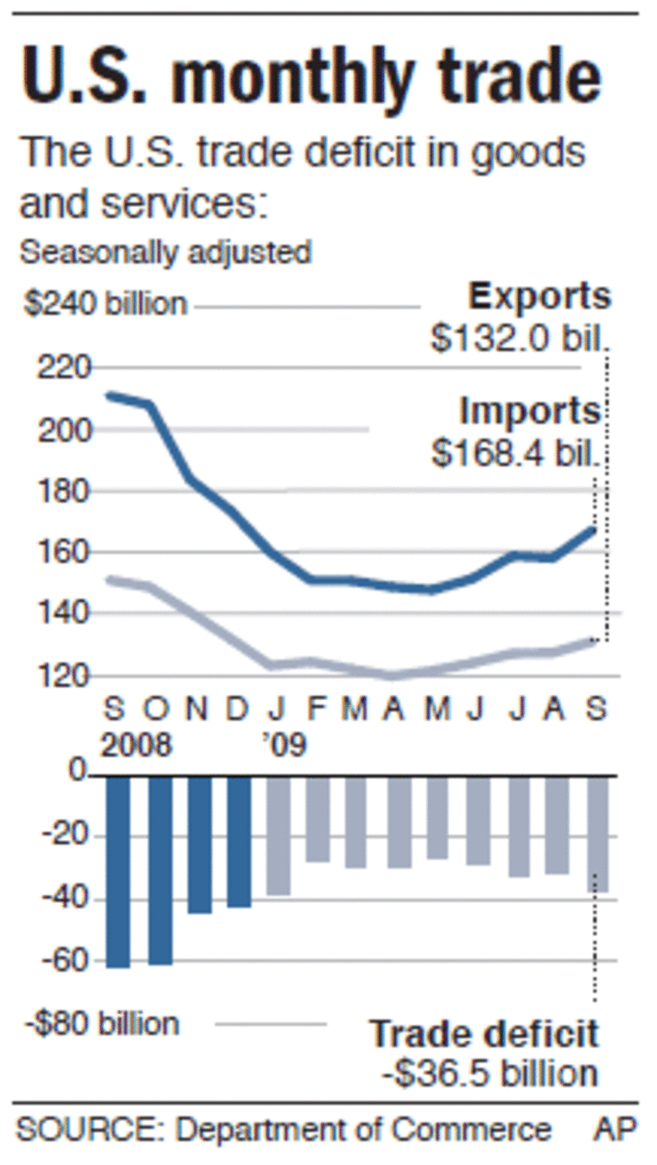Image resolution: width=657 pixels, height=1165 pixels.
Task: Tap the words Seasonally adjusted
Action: tap(165, 253)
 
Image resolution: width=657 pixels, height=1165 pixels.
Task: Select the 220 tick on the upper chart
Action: tap(62, 369)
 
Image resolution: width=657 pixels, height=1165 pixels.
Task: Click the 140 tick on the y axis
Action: tap(62, 614)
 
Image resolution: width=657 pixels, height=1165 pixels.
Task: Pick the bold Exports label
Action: tap(539, 296)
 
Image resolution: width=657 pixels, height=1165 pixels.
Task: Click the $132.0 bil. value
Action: tap(520, 338)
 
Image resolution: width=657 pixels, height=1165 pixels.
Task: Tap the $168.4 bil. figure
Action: tap(515, 453)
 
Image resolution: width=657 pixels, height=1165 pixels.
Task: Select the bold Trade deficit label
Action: tap(484, 1034)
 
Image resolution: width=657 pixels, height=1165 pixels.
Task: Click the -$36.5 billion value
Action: tap(489, 1073)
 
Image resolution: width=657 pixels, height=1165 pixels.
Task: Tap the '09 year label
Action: tap(285, 744)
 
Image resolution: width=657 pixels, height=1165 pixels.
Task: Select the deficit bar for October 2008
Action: tap(160, 869)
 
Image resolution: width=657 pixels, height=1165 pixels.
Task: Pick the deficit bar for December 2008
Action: tap(239, 841)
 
